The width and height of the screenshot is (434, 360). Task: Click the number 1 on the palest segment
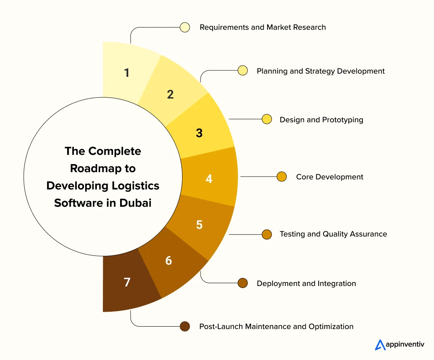[x=127, y=73]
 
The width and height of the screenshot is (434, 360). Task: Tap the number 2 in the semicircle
[x=170, y=95]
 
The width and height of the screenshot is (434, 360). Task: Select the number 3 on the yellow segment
[x=199, y=133]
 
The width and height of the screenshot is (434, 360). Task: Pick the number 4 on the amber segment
[x=209, y=179]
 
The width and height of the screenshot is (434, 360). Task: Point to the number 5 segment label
[x=199, y=224]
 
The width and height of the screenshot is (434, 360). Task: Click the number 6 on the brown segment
[x=168, y=261]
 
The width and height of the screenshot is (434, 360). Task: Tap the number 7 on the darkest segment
[x=127, y=282]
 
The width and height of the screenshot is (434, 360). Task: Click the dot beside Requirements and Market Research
[x=185, y=27]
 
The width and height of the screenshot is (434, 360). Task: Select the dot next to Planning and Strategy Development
[x=242, y=71]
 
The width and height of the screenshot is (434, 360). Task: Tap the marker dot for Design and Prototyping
[x=266, y=119]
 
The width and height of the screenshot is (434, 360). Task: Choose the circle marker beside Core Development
[x=282, y=177]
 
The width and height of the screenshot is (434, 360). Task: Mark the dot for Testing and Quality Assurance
[x=267, y=234]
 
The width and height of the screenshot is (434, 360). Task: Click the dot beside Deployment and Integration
[x=242, y=283]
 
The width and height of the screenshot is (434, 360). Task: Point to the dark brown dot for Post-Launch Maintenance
[x=185, y=326]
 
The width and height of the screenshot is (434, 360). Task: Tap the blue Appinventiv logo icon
[x=380, y=345]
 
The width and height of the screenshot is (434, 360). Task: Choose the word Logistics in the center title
[x=136, y=185]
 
